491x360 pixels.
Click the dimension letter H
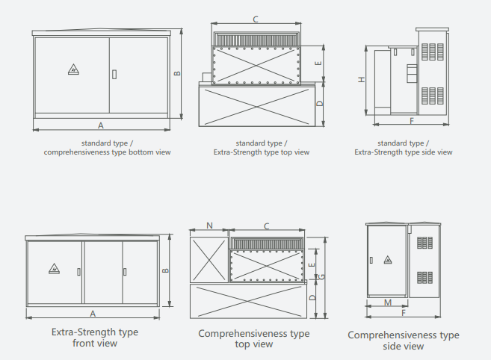(x=361, y=79)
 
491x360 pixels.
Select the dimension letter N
(x=209, y=225)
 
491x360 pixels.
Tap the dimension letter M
(x=386, y=302)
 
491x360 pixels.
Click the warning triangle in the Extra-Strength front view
(x=54, y=269)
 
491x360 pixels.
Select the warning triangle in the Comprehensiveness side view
(x=387, y=260)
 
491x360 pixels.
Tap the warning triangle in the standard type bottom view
(x=73, y=70)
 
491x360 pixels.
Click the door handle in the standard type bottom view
(x=114, y=74)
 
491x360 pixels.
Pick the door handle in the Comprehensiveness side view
(x=371, y=261)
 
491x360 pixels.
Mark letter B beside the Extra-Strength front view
(x=167, y=270)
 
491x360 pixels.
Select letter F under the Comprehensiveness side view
(x=404, y=313)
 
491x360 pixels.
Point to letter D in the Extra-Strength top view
(x=319, y=104)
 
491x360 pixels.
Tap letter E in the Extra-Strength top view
(x=319, y=64)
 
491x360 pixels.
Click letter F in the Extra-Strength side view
(x=411, y=120)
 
